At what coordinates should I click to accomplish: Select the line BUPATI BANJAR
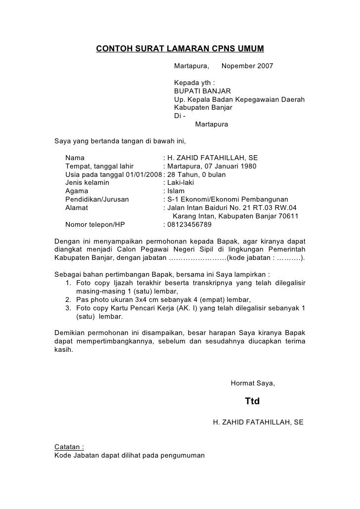[x=202, y=91]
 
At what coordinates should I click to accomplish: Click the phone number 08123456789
[x=189, y=224]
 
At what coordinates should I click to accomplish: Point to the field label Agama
[x=77, y=191]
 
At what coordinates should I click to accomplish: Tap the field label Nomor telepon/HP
[x=95, y=224]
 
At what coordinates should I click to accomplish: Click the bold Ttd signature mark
[x=252, y=401]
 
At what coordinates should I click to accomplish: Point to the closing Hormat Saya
[x=253, y=383]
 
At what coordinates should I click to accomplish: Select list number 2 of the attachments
[x=68, y=299]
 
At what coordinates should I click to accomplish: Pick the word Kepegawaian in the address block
[x=253, y=99]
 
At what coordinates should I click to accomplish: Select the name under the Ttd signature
[x=258, y=423]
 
